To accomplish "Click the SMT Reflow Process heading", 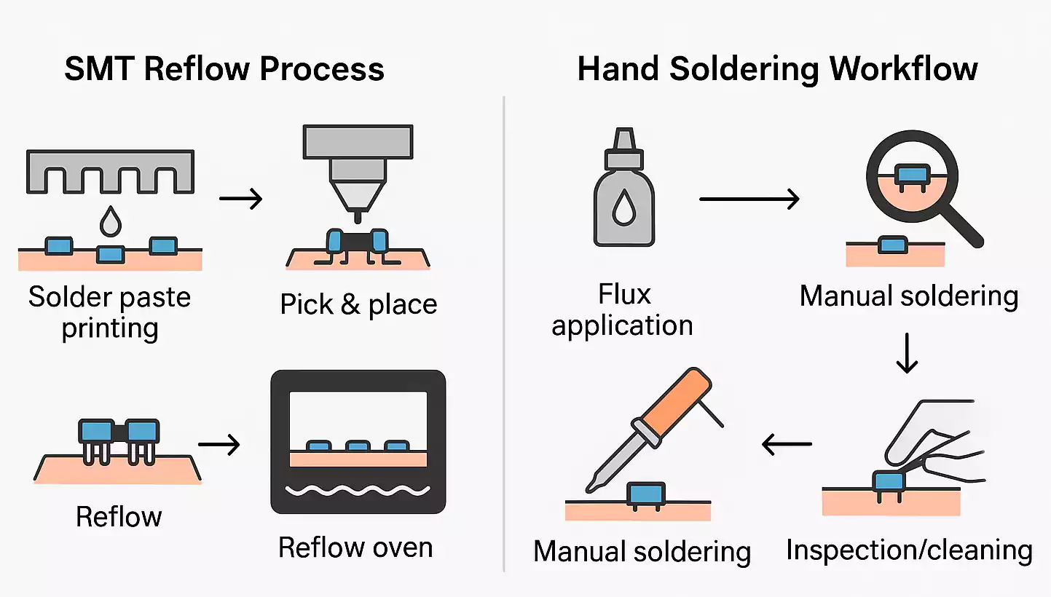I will (224, 69).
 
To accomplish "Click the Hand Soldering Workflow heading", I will (777, 69).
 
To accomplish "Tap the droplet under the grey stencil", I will (110, 221).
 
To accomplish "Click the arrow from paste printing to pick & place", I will (241, 199).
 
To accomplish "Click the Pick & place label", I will (358, 304).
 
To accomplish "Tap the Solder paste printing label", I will (109, 312).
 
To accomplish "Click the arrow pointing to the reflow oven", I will (219, 444).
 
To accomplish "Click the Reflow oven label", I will (355, 547).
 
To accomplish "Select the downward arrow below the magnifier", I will (906, 352).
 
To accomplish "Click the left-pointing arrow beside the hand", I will (787, 443).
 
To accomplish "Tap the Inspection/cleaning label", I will (909, 550).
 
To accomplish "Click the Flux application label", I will (623, 310).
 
